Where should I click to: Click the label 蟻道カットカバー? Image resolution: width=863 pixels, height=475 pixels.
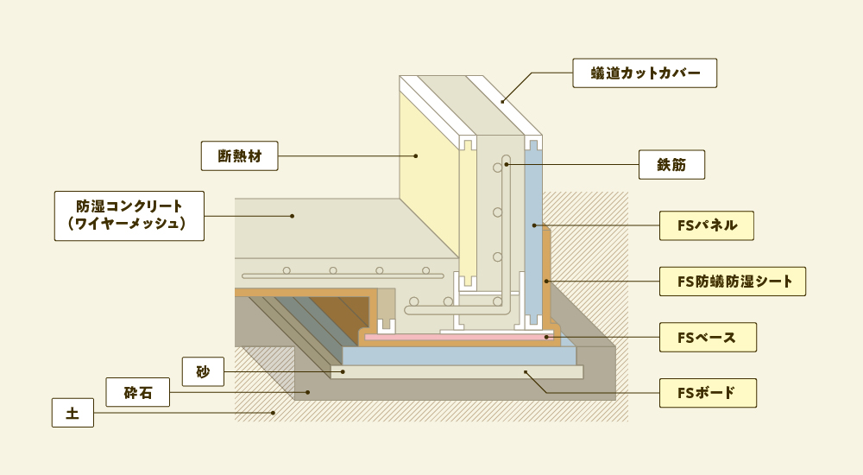(645, 73)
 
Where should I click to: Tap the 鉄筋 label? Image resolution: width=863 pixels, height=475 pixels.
(671, 164)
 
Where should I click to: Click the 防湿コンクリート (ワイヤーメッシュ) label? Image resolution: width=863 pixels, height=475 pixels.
(129, 215)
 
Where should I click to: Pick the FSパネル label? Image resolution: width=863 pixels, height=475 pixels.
(707, 225)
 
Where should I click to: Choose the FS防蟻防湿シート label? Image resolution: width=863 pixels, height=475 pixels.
(732, 281)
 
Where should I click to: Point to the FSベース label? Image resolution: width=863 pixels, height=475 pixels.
(707, 337)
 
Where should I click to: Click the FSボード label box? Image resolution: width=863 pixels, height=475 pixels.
(707, 393)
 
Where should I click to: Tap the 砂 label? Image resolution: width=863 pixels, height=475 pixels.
(203, 371)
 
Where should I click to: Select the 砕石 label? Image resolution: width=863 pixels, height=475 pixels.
(137, 392)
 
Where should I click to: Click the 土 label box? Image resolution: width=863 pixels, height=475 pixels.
(72, 413)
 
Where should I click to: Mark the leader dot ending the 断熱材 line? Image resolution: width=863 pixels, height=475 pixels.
(415, 156)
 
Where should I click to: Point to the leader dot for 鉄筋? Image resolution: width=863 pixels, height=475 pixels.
(507, 164)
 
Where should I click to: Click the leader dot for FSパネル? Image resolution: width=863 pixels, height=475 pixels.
(535, 225)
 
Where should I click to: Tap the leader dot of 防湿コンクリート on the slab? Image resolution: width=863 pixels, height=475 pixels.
(292, 215)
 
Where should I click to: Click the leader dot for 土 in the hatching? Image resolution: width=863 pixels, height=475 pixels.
(273, 413)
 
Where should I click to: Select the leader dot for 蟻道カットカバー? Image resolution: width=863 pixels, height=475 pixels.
(503, 102)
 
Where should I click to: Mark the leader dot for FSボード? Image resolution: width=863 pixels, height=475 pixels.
(526, 372)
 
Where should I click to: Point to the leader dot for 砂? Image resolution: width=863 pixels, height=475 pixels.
(343, 371)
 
